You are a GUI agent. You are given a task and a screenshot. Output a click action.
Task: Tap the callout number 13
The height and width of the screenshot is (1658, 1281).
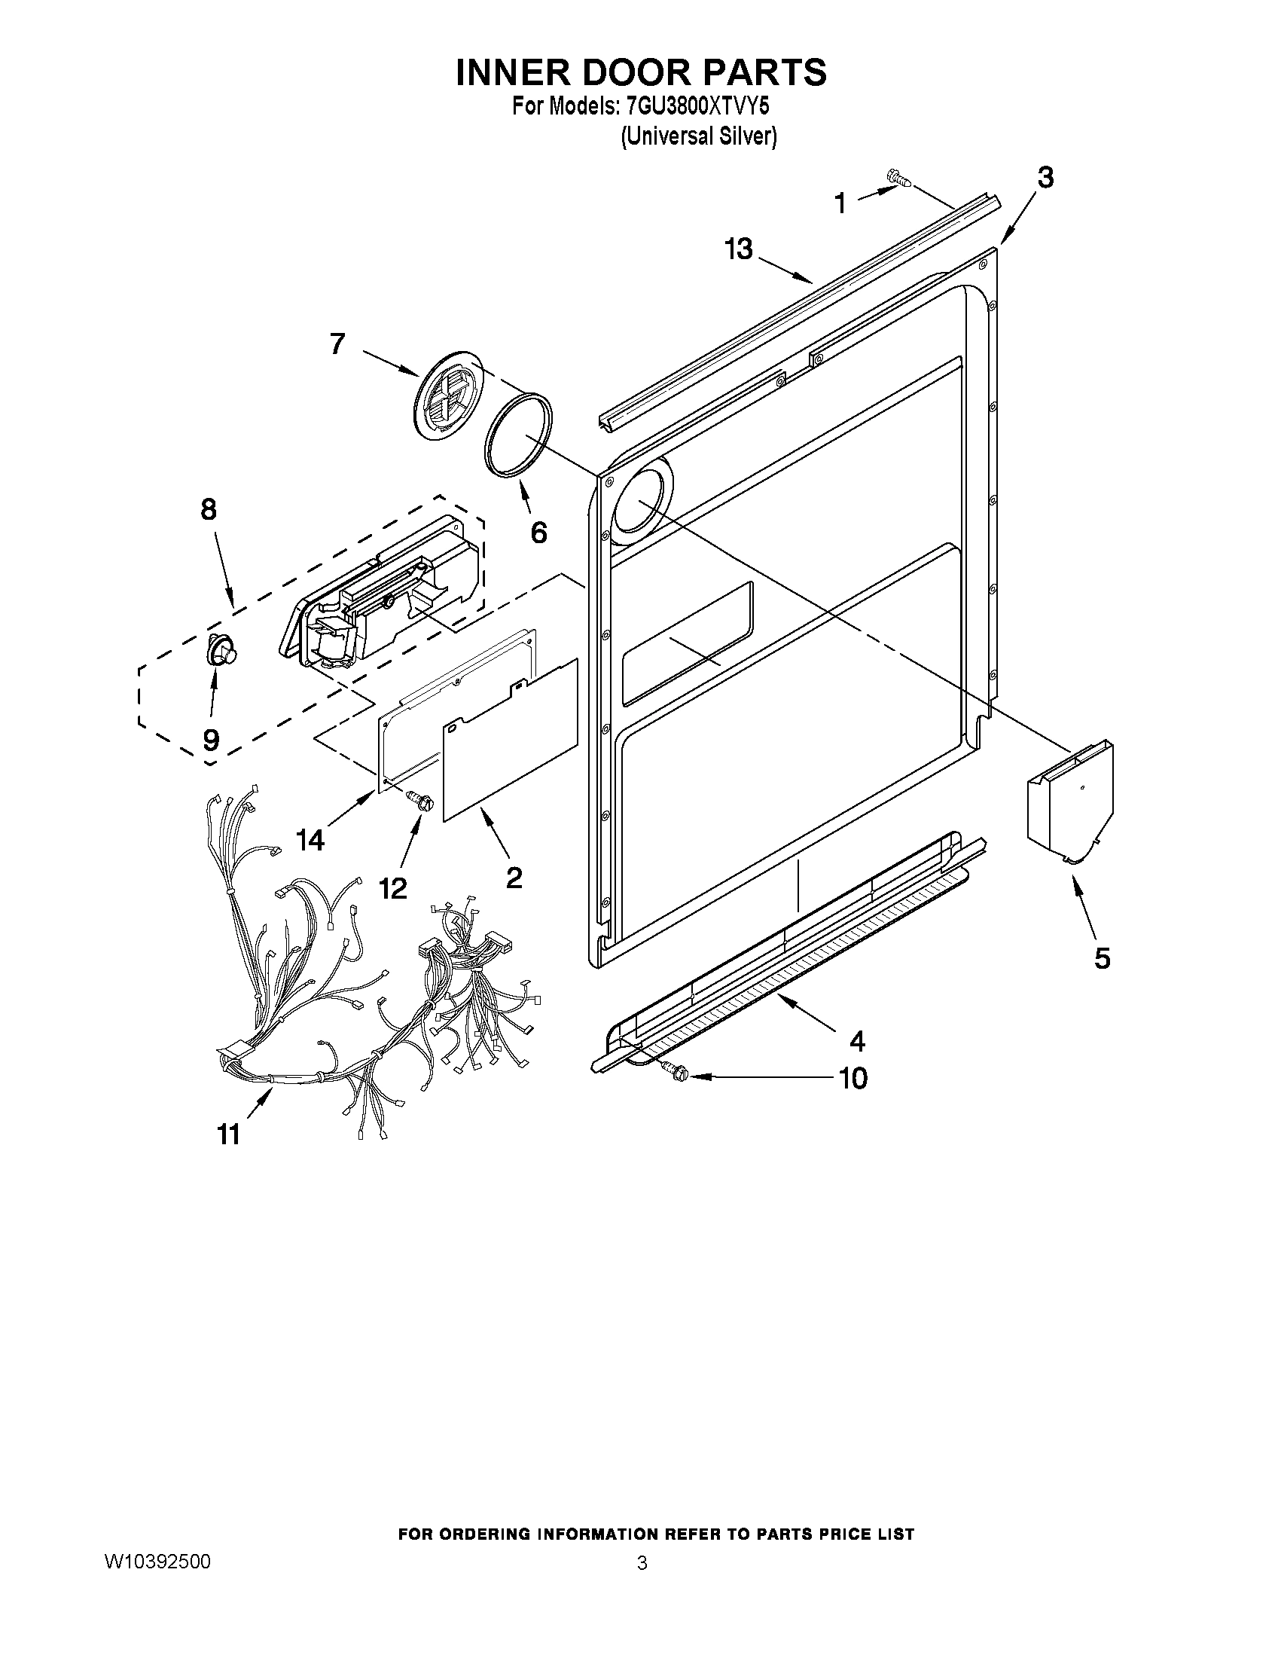point(737,249)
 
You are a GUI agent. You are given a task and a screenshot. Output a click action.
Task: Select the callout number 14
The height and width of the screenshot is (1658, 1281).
point(310,840)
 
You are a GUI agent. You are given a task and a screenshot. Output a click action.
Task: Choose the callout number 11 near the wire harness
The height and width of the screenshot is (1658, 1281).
point(228,1134)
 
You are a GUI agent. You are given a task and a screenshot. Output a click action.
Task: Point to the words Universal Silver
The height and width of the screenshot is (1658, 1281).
point(698,136)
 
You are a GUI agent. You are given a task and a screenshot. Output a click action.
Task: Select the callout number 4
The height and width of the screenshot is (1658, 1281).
point(857,1041)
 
